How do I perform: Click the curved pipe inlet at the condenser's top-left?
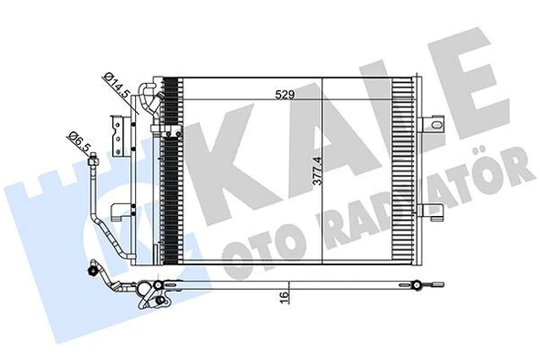144,91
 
